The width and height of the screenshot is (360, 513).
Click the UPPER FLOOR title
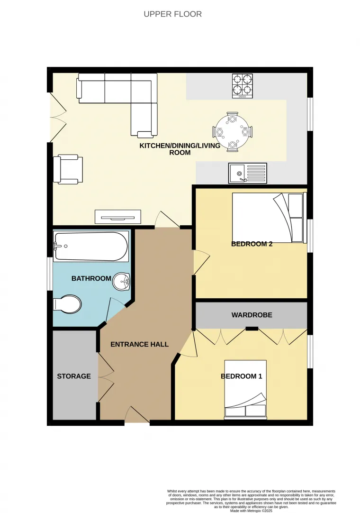pyautogui.click(x=173, y=14)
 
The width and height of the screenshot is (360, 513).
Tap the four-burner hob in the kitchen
pyautogui.click(x=242, y=86)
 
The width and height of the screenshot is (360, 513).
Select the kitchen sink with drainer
pyautogui.click(x=248, y=173)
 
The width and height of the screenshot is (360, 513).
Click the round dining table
pyautogui.click(x=233, y=132)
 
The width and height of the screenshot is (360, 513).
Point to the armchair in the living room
pyautogui.click(x=68, y=169)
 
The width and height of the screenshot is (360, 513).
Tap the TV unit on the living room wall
pyautogui.click(x=117, y=217)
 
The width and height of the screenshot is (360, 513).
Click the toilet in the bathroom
pyautogui.click(x=68, y=304)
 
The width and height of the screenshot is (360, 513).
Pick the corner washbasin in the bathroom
pyautogui.click(x=122, y=283)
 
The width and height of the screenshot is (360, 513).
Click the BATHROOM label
pyautogui.click(x=91, y=278)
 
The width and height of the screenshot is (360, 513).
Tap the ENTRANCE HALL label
pyautogui.click(x=139, y=344)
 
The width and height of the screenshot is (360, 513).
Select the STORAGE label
pyautogui.click(x=73, y=376)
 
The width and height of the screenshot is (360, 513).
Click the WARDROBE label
pyautogui.click(x=252, y=315)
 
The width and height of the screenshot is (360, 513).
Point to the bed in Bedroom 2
pyautogui.click(x=268, y=218)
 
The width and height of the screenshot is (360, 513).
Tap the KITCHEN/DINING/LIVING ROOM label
pyautogui.click(x=180, y=149)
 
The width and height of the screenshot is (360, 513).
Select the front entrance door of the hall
pyautogui.click(x=137, y=415)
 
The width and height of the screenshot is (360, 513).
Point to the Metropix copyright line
pyautogui.click(x=251, y=510)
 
